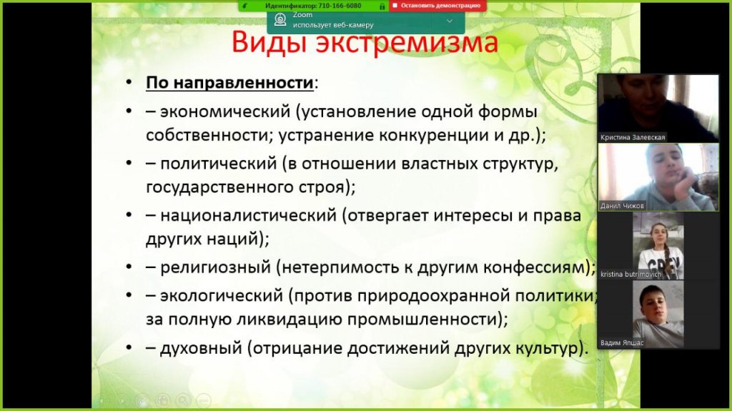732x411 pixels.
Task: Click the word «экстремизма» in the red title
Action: pyautogui.click(x=407, y=41)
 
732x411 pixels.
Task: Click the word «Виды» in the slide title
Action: pyautogui.click(x=269, y=42)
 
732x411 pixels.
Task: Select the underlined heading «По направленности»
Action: pyautogui.click(x=229, y=83)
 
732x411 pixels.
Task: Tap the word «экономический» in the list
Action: pyautogui.click(x=225, y=112)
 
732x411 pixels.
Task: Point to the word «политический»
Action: pyautogui.click(x=219, y=164)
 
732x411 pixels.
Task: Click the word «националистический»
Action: pyautogui.click(x=248, y=216)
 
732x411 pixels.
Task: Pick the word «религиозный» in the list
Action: pyautogui.click(x=215, y=267)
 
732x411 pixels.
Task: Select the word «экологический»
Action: pyautogui.click(x=222, y=296)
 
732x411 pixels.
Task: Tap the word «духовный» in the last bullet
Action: pyautogui.click(x=201, y=348)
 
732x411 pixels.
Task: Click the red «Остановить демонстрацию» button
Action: pyautogui.click(x=437, y=6)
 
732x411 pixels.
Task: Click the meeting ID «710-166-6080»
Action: pyautogui.click(x=340, y=6)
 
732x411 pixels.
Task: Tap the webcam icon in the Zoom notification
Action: pyautogui.click(x=280, y=19)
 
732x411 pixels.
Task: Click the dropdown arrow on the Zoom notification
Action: pyautogui.click(x=449, y=21)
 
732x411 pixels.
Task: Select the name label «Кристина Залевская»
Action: pyautogui.click(x=633, y=137)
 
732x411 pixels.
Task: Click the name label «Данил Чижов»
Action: pyautogui.click(x=622, y=206)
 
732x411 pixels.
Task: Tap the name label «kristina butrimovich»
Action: pyautogui.click(x=630, y=274)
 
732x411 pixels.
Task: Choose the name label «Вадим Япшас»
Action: pyautogui.click(x=621, y=343)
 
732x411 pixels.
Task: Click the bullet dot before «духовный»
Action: pyautogui.click(x=129, y=348)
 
